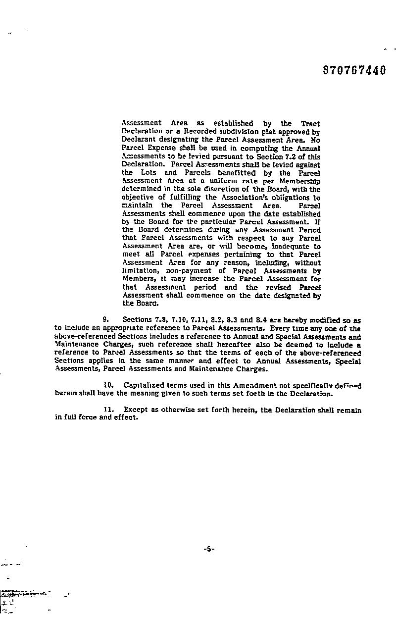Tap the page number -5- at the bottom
[x=208, y=549]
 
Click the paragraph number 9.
[x=105, y=320]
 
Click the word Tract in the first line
[x=310, y=123]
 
